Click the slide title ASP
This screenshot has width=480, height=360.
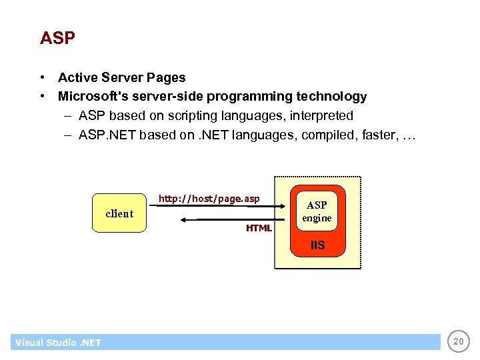(x=57, y=38)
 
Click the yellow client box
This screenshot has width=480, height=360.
(x=119, y=213)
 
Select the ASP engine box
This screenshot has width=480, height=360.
(x=317, y=211)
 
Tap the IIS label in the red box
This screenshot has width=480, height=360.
(x=317, y=245)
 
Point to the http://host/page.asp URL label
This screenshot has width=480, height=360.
(x=209, y=199)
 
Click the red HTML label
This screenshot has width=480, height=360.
(x=259, y=228)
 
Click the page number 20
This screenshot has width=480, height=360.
(x=457, y=342)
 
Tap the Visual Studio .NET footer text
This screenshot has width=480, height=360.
(x=58, y=343)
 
